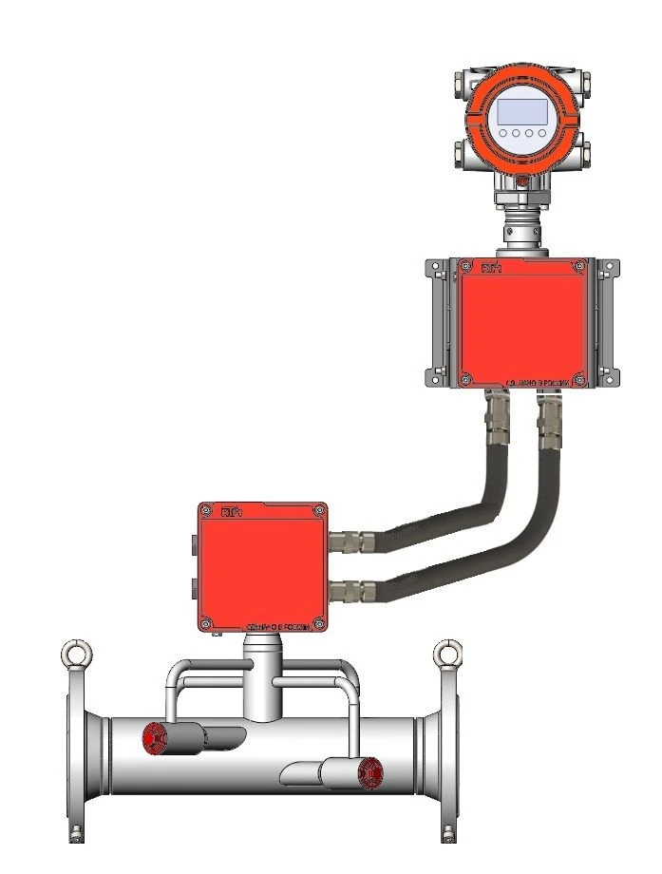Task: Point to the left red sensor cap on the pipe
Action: tap(152, 739)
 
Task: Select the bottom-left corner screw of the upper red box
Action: tap(465, 381)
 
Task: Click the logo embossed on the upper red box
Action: tap(491, 269)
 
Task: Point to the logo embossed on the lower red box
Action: tap(231, 513)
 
